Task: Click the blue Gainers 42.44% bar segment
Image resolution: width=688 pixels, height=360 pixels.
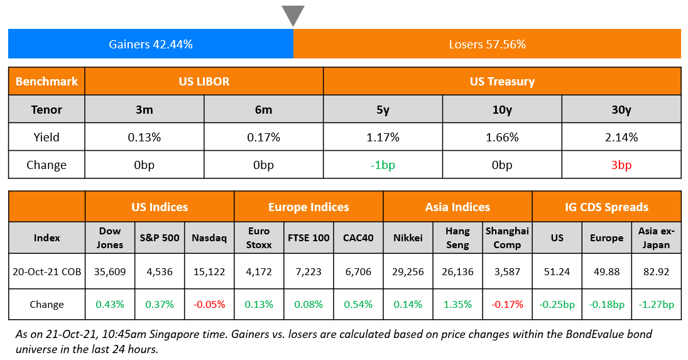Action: point(151,44)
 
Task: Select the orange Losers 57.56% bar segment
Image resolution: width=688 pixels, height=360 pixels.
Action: point(487,44)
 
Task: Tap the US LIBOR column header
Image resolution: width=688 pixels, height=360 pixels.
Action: point(204,82)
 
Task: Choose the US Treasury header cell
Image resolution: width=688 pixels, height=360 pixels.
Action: point(501,82)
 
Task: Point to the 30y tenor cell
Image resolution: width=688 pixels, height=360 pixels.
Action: point(621,109)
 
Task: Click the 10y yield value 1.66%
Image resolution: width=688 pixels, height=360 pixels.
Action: point(501,137)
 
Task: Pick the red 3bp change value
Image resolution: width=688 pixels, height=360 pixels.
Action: point(621,165)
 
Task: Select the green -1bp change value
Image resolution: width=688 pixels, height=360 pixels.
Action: point(382,165)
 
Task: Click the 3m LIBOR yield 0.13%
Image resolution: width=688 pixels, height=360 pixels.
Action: point(144,137)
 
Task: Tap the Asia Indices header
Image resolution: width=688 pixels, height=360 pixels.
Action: point(457,207)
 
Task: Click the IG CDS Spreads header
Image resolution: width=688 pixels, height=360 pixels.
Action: point(606,207)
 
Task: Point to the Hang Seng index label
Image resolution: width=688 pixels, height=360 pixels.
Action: point(457,237)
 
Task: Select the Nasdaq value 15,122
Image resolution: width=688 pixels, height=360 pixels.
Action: point(209,272)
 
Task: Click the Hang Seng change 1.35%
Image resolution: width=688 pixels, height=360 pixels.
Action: point(457,305)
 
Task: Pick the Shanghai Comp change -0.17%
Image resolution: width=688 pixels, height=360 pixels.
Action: point(507,305)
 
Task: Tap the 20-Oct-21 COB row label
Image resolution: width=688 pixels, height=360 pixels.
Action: point(46,272)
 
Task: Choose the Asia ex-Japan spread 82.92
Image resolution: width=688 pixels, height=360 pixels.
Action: point(656,272)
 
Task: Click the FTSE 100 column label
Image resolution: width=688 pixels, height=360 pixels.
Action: point(308,238)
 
